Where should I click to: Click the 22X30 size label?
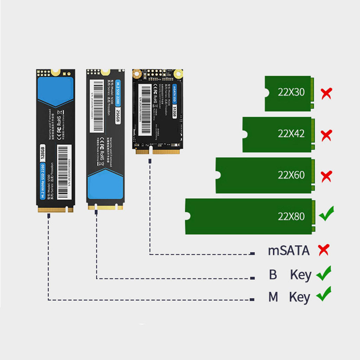[291, 92]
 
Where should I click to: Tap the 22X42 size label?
[291, 134]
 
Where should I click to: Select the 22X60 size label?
[291, 175]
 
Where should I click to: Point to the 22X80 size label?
[291, 216]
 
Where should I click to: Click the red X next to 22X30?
[327, 93]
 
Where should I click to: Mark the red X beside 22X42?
[327, 135]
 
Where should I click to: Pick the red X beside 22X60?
[327, 176]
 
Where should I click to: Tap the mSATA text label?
[289, 251]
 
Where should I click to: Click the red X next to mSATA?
[323, 250]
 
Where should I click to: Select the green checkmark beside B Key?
[323, 273]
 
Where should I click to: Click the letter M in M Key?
[273, 297]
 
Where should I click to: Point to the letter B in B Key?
[273, 275]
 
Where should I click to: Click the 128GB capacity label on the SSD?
[43, 152]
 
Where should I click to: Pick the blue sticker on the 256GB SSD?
[105, 185]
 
